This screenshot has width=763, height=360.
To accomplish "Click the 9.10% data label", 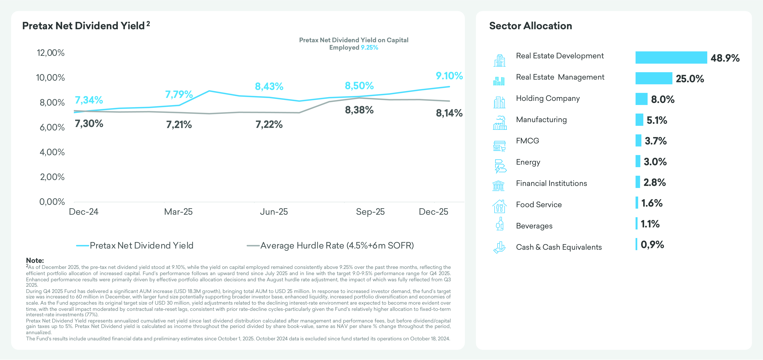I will (x=449, y=76).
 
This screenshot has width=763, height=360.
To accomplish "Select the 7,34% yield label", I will (x=89, y=100).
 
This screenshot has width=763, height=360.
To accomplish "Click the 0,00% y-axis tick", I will (x=52, y=202).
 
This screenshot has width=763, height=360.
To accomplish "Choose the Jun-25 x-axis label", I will (x=274, y=212).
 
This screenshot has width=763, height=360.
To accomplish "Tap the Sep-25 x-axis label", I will (x=370, y=212).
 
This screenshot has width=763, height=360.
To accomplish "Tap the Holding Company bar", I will (x=641, y=99).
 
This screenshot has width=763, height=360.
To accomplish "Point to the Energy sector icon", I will (x=500, y=166).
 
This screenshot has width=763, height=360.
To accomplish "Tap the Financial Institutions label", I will (x=551, y=183).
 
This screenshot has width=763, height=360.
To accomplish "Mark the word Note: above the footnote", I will (x=35, y=260).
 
